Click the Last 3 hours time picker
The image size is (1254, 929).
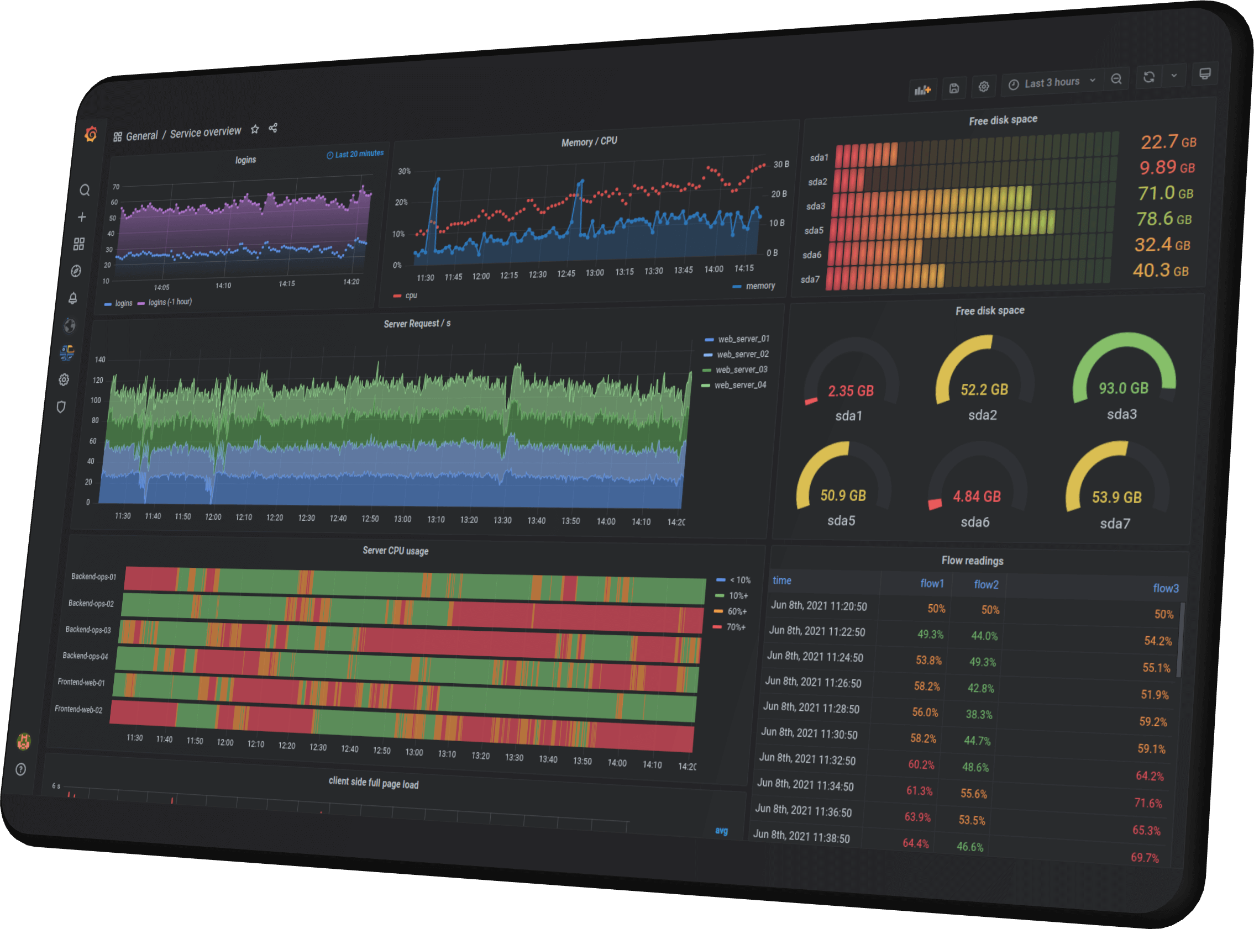(x=1052, y=83)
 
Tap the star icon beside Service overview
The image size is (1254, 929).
(x=255, y=129)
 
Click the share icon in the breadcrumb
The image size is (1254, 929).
(x=273, y=128)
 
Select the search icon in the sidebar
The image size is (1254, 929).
(x=85, y=190)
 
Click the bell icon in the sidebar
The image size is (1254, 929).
(x=73, y=298)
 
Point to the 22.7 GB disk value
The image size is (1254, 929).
(x=1168, y=142)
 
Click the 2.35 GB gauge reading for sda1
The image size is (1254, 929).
(x=850, y=391)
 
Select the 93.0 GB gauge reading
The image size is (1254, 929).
(x=1124, y=388)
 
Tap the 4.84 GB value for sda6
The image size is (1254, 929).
(x=977, y=497)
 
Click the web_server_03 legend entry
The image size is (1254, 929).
(x=741, y=370)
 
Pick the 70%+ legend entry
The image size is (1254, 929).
(x=735, y=627)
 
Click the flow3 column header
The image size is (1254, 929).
(x=1165, y=588)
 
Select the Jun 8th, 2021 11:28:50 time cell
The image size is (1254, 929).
(x=811, y=708)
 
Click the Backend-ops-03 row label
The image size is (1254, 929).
(x=88, y=629)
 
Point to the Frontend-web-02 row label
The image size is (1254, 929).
(x=79, y=709)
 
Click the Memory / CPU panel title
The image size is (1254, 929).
(x=589, y=142)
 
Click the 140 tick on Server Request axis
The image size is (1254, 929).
(x=100, y=360)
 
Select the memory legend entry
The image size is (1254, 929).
(x=759, y=286)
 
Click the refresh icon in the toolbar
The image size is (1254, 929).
(x=1149, y=76)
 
